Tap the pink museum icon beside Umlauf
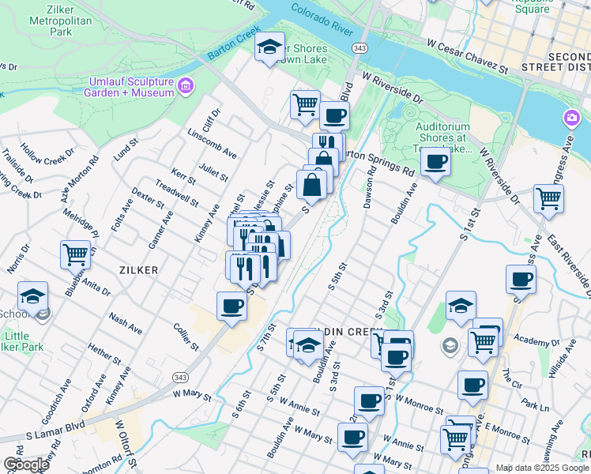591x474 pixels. tap(186, 85)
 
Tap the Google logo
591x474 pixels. tap(25, 465)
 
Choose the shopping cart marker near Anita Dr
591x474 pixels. tap(75, 254)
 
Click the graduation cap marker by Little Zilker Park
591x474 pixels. tap(32, 295)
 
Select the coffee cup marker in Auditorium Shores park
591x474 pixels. tap(435, 164)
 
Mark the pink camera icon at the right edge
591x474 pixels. tap(570, 118)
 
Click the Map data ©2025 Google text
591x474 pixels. tap(541, 468)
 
